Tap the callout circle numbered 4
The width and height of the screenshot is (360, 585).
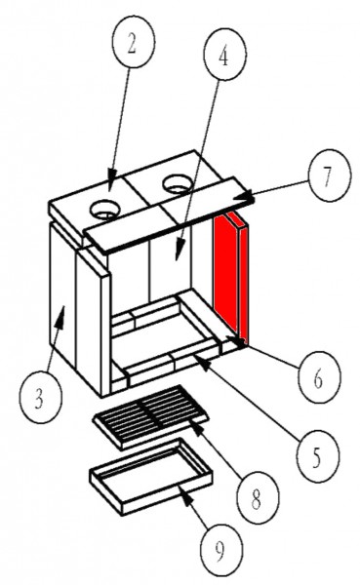click(x=224, y=54)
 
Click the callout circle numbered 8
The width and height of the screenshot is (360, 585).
click(x=258, y=497)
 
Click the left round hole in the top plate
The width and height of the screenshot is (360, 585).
click(x=106, y=210)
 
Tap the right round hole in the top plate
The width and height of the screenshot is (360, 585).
click(x=178, y=184)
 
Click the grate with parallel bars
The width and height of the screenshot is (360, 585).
click(x=150, y=416)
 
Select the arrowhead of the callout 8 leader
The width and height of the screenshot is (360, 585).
click(x=198, y=428)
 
